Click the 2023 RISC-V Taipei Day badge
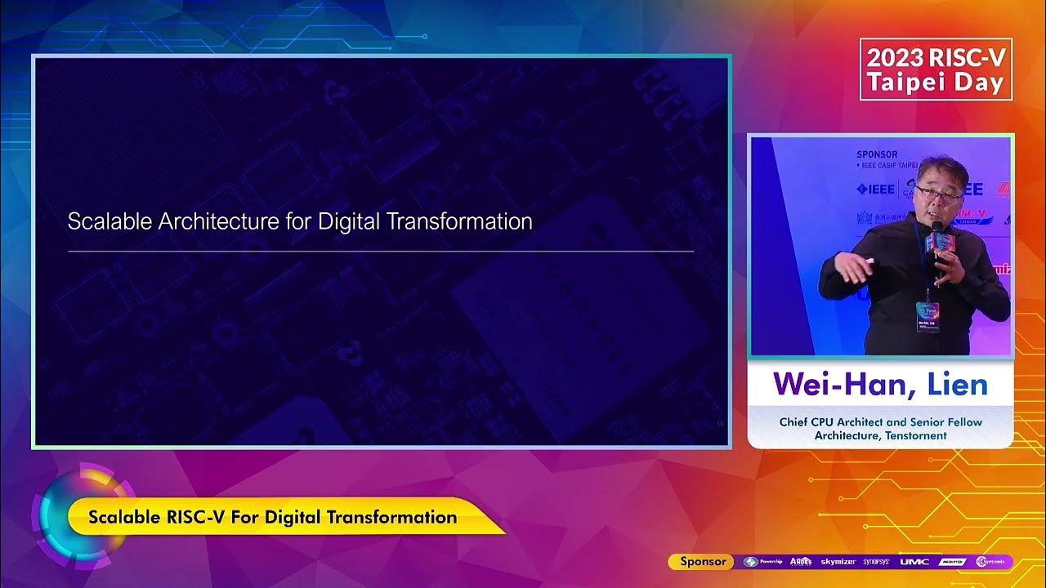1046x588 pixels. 936,69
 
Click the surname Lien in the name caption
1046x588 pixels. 958,384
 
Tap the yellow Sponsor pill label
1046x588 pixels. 703,561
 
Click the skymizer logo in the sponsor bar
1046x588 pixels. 838,562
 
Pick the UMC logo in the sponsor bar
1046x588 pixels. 914,562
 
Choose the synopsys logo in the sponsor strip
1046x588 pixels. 877,562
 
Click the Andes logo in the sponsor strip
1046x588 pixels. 801,562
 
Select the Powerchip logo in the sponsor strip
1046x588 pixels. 763,562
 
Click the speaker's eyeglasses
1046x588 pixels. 938,193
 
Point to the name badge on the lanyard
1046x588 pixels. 928,317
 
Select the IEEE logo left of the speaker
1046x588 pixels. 875,189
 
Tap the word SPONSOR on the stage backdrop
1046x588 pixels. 877,154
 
